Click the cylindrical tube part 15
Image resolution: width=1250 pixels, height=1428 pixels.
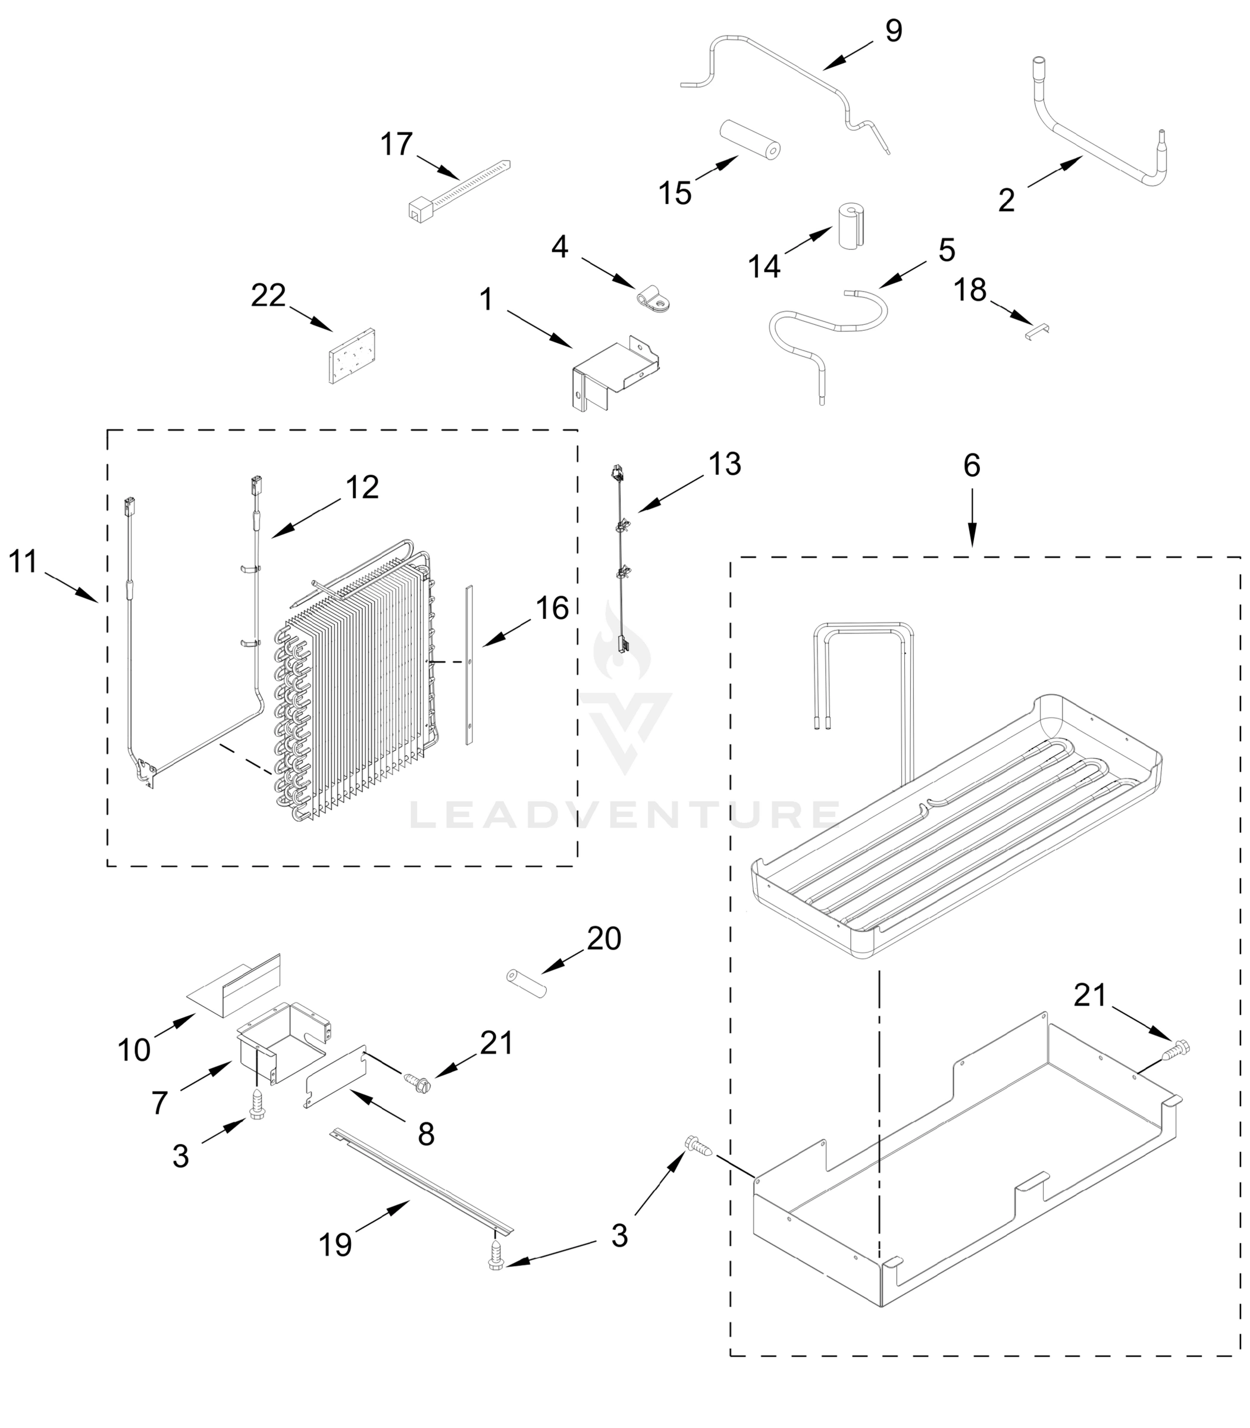tap(750, 139)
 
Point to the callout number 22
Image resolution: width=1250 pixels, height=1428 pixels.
tap(268, 296)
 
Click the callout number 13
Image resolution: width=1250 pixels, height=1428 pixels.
tap(725, 464)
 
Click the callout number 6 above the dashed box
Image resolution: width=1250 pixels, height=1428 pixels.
tap(972, 465)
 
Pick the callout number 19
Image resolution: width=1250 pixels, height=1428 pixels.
tap(335, 1264)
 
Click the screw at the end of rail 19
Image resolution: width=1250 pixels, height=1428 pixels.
tap(497, 1255)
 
